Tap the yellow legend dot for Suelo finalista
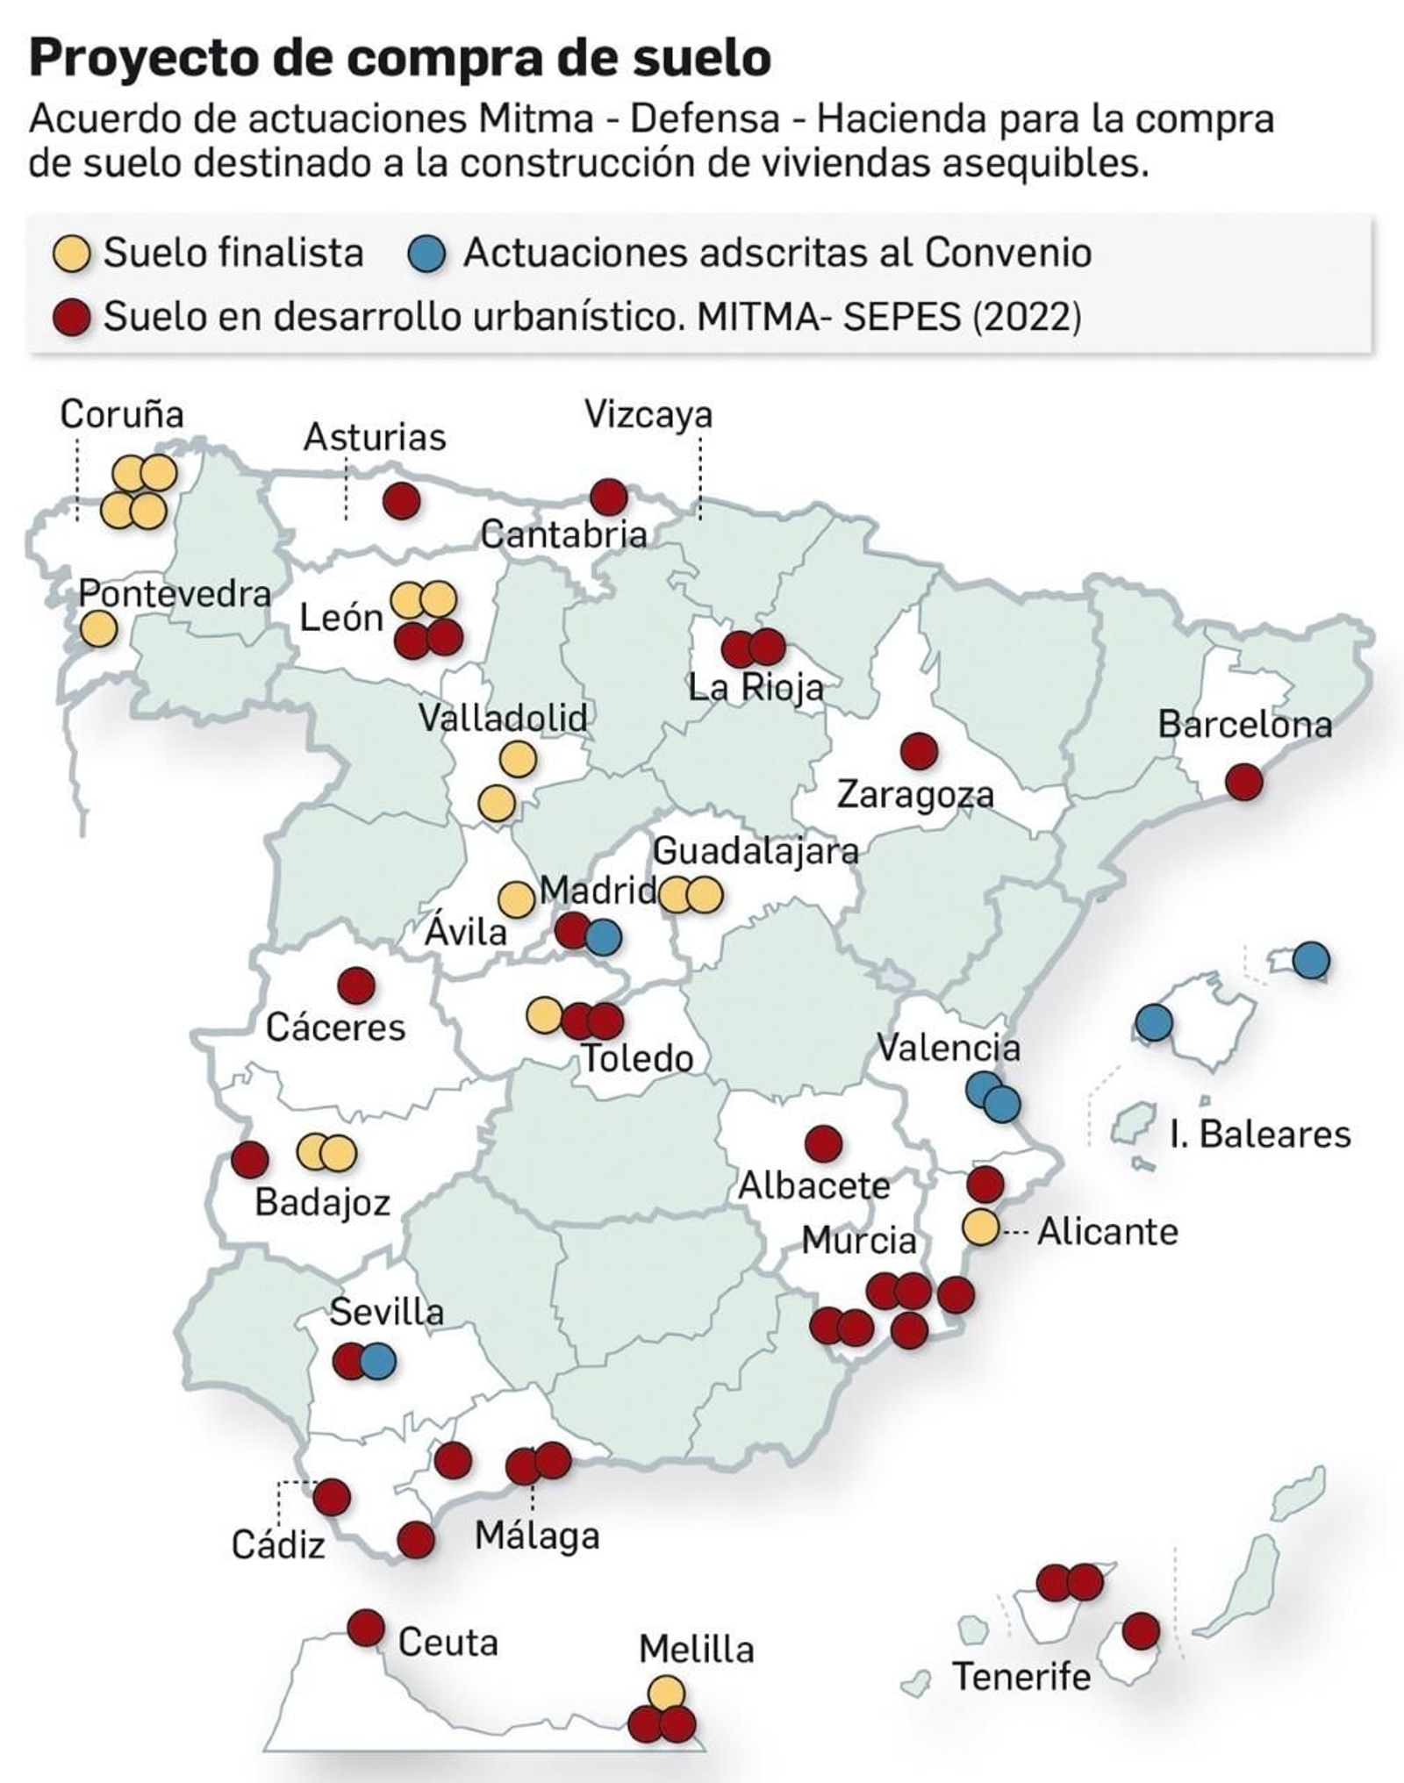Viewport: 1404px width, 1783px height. [x=72, y=254]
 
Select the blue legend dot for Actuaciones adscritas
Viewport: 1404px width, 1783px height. [x=427, y=254]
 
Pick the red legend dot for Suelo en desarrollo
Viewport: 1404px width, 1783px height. [x=72, y=316]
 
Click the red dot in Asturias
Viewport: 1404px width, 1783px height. [x=402, y=502]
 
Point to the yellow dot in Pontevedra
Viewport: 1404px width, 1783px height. [x=98, y=629]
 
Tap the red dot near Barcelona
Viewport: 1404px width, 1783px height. [x=1243, y=781]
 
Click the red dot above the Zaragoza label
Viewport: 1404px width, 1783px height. [x=919, y=751]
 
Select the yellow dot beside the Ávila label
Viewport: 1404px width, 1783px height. [x=516, y=899]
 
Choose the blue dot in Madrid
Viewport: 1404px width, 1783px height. [x=604, y=937]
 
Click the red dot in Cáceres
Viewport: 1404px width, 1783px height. [x=356, y=985]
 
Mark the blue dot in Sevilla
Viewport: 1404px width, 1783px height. [x=378, y=1362]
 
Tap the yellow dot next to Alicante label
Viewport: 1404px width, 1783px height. [x=980, y=1227]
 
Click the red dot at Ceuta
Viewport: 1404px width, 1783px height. [x=366, y=1628]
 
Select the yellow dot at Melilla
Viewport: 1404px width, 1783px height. [x=666, y=1692]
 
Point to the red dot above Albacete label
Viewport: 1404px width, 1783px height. [x=823, y=1143]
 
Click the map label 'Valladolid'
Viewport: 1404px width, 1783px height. [x=503, y=718]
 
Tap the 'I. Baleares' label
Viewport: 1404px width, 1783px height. [x=1259, y=1135]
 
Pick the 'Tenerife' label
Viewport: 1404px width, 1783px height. [x=1021, y=1677]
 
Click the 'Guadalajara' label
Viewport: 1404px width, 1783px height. [x=756, y=851]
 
